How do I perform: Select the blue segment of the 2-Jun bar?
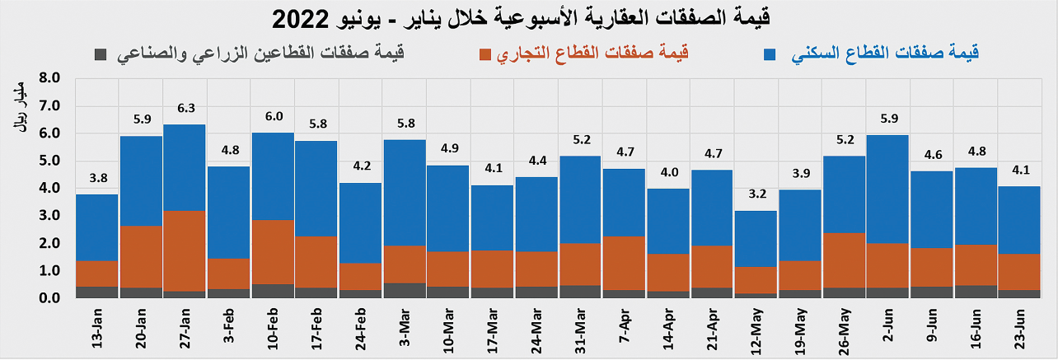(888, 189)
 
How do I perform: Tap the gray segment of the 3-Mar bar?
(405, 290)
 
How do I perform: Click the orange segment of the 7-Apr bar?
(625, 263)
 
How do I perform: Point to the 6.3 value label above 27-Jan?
(185, 108)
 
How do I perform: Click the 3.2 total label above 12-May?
(756, 194)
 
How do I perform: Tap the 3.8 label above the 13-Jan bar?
(96, 178)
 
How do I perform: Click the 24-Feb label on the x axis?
(359, 329)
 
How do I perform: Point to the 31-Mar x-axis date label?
(579, 329)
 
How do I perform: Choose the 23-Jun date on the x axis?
(1020, 329)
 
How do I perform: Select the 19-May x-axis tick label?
(799, 329)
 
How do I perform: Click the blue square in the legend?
(771, 54)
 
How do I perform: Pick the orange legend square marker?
(485, 54)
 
